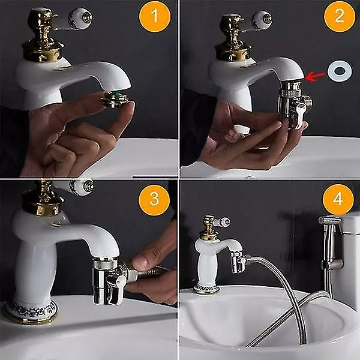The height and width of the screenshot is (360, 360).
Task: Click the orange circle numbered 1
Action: point(155,16)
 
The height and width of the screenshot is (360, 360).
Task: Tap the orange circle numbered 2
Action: point(340,16)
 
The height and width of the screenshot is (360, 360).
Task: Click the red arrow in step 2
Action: point(315,76)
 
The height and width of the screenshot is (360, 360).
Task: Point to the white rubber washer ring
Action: point(340,71)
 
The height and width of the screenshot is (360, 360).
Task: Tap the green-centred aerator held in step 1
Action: point(115,99)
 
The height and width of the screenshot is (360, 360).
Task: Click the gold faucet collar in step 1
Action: point(43,51)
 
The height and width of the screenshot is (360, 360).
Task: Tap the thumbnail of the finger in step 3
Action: point(140,261)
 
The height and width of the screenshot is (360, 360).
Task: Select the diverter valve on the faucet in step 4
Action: point(238,262)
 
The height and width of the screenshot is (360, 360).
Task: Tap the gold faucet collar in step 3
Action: point(43,203)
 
